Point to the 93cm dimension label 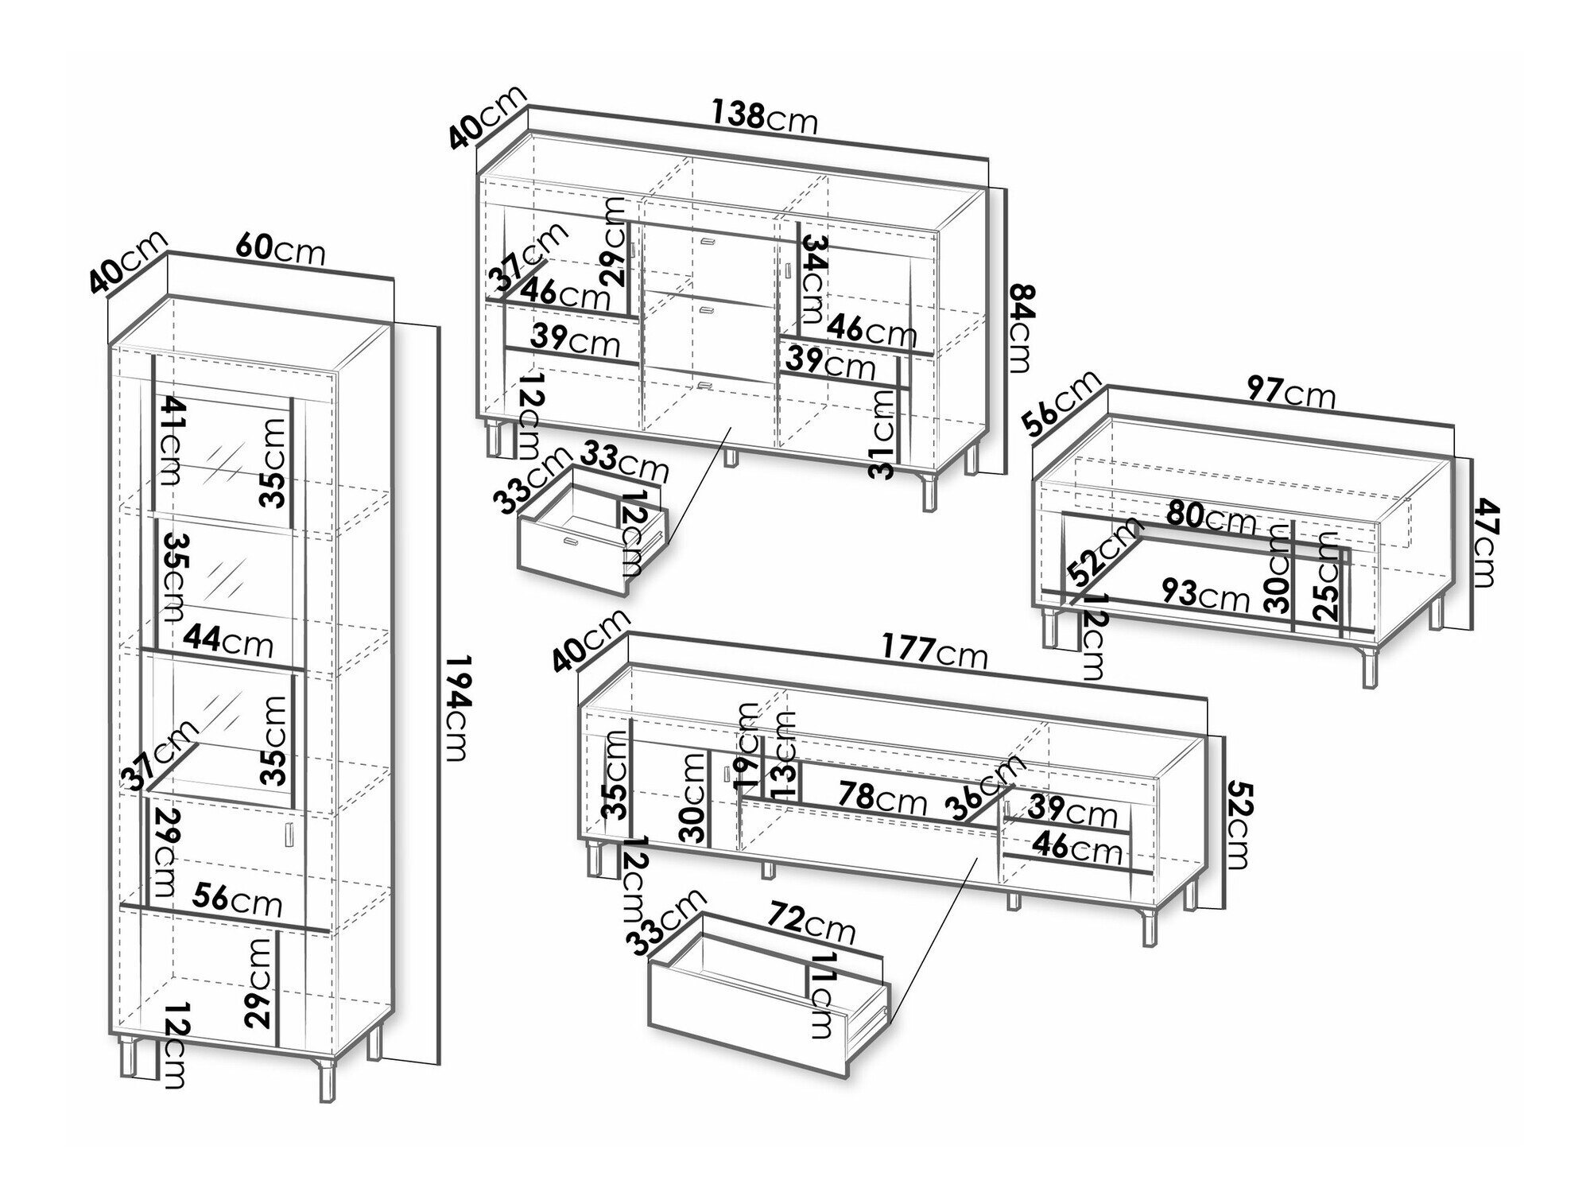[1206, 593]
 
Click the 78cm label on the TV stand [883, 797]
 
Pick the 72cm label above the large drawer [811, 926]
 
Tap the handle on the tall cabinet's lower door [288, 834]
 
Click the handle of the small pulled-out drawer [570, 542]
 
